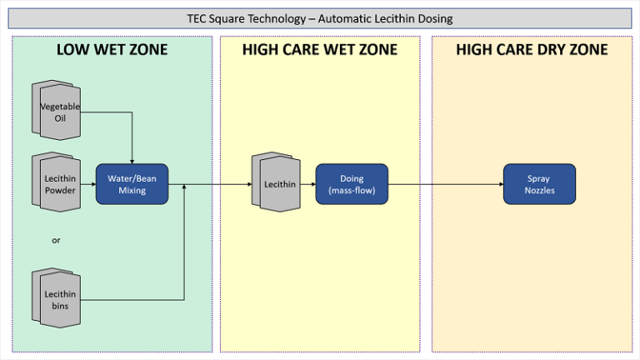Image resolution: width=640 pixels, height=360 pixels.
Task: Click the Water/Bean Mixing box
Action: [132, 184]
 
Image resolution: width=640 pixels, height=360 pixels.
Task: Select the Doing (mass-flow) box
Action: [352, 184]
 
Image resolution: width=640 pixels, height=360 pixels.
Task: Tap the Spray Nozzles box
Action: [540, 184]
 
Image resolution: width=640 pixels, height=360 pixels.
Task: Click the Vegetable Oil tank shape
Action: [57, 110]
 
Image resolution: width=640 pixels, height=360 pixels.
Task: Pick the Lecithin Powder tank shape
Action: [57, 182]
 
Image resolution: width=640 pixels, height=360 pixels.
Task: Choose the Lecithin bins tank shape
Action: [57, 298]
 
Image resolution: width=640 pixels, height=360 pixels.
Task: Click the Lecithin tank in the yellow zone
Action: [277, 182]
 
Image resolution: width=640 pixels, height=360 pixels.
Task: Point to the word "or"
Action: [56, 240]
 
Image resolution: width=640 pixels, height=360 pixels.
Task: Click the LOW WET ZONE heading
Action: [112, 50]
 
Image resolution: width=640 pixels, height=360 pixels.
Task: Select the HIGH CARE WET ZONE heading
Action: [320, 50]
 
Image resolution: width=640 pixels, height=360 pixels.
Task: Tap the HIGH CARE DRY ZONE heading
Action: [532, 50]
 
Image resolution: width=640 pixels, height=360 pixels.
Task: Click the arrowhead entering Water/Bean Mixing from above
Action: [132, 162]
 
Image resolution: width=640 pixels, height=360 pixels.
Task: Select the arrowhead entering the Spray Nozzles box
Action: [502, 184]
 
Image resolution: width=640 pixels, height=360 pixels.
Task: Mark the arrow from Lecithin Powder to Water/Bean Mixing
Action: [88, 184]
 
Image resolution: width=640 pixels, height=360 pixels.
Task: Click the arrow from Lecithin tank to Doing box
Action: [308, 184]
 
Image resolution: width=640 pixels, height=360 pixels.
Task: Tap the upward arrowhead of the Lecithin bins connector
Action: [184, 187]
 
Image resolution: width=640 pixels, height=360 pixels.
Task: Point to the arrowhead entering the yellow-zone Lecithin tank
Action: [250, 184]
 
